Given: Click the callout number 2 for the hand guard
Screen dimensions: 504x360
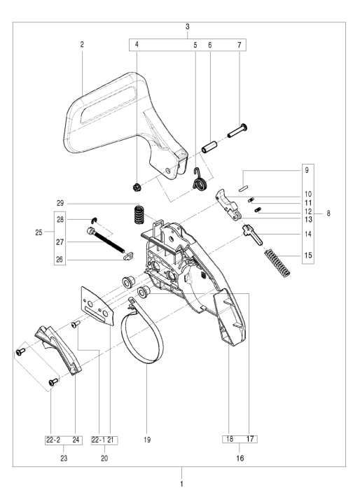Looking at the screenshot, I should (x=82, y=44).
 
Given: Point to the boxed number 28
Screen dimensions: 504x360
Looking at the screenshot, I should (x=61, y=219).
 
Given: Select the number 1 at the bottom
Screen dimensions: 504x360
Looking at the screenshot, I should (x=180, y=482).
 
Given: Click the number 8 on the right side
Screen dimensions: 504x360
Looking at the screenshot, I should (x=328, y=212).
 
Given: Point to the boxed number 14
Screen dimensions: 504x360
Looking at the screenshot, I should (x=307, y=234).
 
